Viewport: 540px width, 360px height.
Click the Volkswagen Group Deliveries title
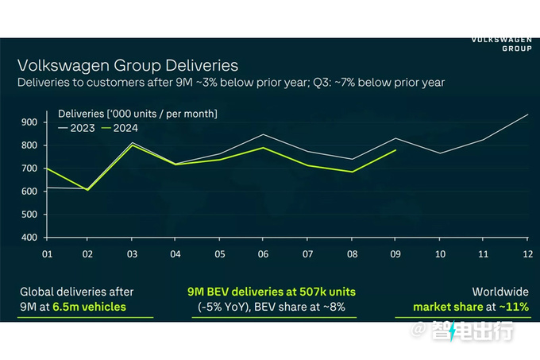[127, 65]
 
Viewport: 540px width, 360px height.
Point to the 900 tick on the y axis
[29, 122]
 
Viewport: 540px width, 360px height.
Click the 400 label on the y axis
[29, 237]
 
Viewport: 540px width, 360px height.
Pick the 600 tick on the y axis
[29, 191]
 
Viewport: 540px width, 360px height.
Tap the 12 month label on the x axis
[526, 254]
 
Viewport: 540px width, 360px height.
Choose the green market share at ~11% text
[471, 306]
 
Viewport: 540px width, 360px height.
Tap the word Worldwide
[500, 291]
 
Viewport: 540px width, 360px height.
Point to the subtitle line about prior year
[231, 83]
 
